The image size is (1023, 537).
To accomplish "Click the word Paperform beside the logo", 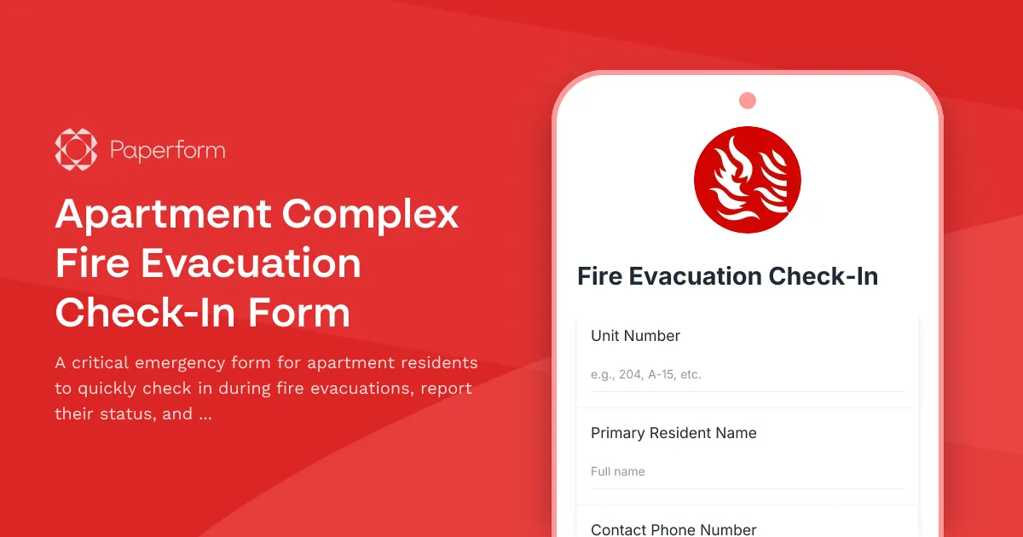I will tap(167, 152).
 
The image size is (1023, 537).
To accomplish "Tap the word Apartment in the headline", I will tap(163, 215).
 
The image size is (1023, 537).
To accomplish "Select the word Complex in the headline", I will tap(371, 213).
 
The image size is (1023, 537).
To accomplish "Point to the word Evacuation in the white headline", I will tap(251, 263).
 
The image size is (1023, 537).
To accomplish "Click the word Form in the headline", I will tap(299, 313).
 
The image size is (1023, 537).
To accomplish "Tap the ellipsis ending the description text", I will tap(205, 415).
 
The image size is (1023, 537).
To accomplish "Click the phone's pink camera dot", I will tap(748, 101).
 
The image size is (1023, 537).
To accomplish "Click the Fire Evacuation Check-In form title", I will tap(727, 276).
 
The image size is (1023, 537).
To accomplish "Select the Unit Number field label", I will tap(635, 336).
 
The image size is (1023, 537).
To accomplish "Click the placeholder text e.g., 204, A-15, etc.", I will tap(645, 374).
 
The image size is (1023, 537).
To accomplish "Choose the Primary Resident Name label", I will tap(673, 433).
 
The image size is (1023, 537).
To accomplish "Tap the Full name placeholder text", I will tap(617, 471).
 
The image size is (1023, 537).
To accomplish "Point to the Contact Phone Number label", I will tap(673, 529).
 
